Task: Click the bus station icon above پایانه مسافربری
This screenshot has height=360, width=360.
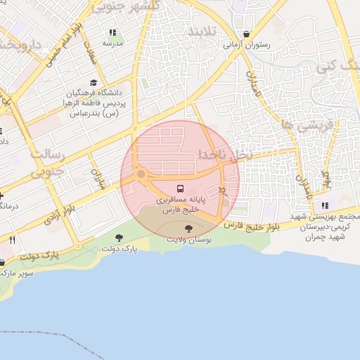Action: (x=181, y=188)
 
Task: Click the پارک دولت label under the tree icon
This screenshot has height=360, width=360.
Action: (x=118, y=248)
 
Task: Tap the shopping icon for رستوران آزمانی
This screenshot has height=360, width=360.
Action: (x=246, y=34)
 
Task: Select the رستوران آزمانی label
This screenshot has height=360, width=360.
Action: (x=247, y=44)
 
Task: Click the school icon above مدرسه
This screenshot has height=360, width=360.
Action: (x=112, y=32)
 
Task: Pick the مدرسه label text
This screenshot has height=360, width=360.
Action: (x=112, y=43)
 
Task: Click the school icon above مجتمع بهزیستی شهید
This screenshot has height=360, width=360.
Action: (x=324, y=205)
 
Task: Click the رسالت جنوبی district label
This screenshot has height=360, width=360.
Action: (x=48, y=161)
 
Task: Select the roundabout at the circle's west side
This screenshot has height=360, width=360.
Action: (x=141, y=174)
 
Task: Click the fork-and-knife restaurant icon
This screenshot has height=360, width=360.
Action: (x=12, y=240)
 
